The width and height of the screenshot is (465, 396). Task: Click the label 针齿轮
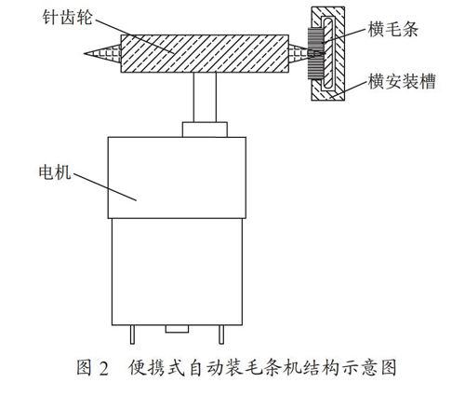(67, 18)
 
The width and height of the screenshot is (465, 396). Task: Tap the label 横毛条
(393, 30)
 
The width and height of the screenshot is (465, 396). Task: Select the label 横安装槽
(402, 81)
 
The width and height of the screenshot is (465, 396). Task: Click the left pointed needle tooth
(102, 54)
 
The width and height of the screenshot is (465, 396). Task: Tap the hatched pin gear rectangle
(205, 53)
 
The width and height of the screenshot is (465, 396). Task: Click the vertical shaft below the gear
(205, 97)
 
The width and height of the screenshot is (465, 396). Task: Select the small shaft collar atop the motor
(205, 130)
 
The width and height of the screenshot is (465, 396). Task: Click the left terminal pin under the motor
(132, 335)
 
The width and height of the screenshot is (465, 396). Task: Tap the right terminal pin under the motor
(221, 335)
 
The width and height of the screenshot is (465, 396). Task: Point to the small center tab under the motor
(177, 329)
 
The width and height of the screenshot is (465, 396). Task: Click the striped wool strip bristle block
(315, 53)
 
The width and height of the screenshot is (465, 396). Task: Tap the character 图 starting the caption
(85, 368)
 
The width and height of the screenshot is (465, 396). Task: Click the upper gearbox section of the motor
(177, 178)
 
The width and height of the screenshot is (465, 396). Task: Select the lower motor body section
(177, 272)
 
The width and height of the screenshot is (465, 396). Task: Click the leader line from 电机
(105, 186)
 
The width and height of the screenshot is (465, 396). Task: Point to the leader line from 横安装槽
(348, 89)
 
